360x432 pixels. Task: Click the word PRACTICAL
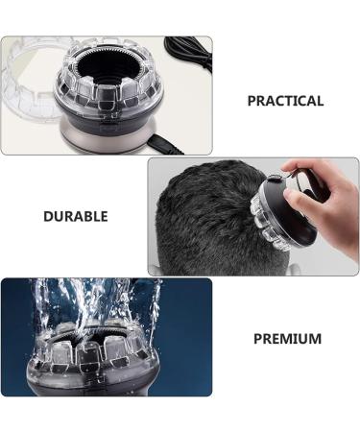[x=285, y=101]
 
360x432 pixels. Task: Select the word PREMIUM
[x=287, y=339]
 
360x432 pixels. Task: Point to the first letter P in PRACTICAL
[x=252, y=101]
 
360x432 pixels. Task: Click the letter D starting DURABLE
[x=48, y=216]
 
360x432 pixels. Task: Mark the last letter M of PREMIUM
[x=316, y=339]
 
